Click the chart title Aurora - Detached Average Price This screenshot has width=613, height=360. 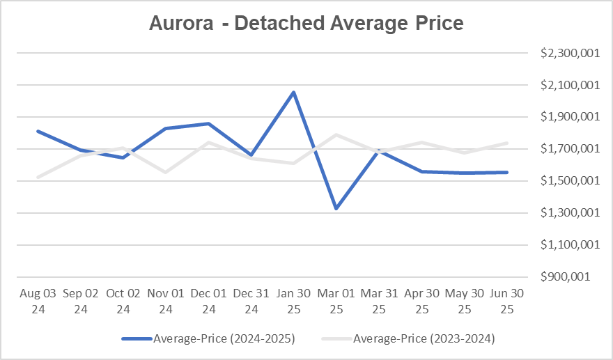click(306, 23)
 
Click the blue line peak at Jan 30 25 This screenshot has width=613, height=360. click(294, 92)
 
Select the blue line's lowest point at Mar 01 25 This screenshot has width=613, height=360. click(336, 208)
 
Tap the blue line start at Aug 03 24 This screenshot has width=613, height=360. click(38, 131)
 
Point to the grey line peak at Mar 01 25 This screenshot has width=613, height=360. click(336, 134)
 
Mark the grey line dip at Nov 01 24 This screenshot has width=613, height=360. click(166, 172)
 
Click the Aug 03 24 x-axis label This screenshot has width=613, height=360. click(38, 301)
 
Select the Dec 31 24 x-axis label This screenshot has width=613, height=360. click(251, 301)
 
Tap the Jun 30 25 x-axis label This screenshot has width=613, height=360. click(507, 301)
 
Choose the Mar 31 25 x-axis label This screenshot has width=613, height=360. click(379, 301)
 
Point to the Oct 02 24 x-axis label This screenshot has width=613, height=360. click(123, 301)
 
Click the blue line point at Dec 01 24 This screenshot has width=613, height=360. click(208, 123)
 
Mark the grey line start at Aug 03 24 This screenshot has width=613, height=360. click(38, 177)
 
